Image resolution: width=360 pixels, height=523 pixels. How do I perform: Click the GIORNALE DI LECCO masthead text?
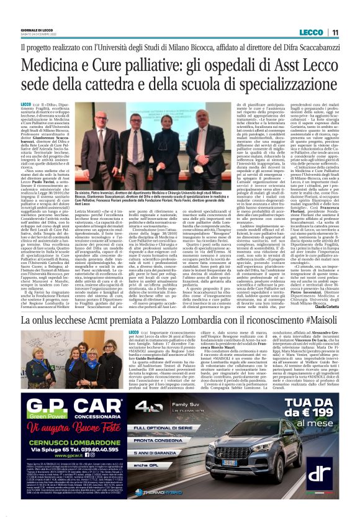pos(38,29)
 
